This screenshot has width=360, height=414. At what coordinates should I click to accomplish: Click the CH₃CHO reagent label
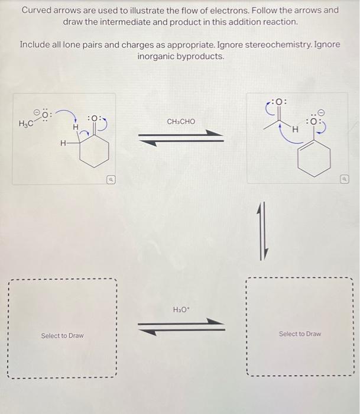click(181, 121)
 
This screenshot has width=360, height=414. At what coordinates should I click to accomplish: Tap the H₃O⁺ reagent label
click(180, 309)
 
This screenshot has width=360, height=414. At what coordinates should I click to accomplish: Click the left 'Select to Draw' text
click(62, 336)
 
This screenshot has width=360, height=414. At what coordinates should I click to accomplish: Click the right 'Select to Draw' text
click(300, 334)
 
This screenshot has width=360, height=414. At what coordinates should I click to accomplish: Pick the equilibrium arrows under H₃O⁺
click(181, 326)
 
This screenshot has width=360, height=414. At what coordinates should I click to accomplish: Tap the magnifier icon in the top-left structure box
click(110, 177)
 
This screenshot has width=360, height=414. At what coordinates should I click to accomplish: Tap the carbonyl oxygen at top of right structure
click(280, 101)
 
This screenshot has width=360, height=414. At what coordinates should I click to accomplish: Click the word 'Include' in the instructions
click(36, 45)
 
